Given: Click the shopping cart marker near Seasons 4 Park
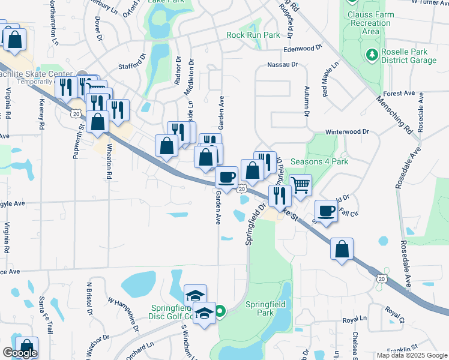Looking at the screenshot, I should pyautogui.click(x=300, y=184).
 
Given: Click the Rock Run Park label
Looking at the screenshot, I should pyautogui.click(x=253, y=35).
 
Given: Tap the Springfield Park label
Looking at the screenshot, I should pyautogui.click(x=267, y=308).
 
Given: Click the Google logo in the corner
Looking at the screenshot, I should pyautogui.click(x=20, y=353).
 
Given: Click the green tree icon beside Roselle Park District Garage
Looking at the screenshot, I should pyautogui.click(x=372, y=56).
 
